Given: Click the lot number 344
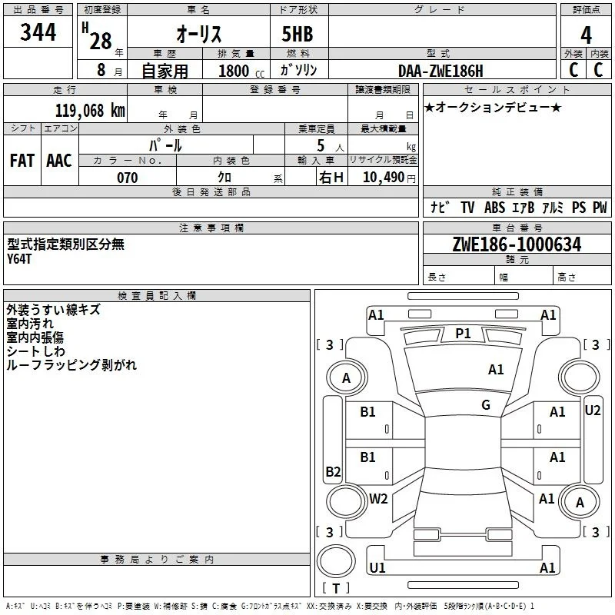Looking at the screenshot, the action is click(x=38, y=32).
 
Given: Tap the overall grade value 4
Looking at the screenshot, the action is click(x=586, y=35).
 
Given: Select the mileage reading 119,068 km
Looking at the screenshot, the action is click(x=90, y=111).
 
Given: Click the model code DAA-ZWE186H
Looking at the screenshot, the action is click(x=440, y=71).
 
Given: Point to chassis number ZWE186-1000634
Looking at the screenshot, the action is click(x=517, y=244).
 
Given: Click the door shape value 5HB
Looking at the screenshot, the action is click(x=298, y=34).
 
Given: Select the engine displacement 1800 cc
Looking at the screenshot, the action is click(x=241, y=71).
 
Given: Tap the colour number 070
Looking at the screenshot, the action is click(x=128, y=178).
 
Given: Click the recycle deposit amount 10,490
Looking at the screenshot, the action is click(x=384, y=178).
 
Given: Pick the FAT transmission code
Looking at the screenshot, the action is click(x=22, y=161).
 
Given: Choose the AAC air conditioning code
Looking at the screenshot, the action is click(x=59, y=161).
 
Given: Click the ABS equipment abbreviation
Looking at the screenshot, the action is click(x=494, y=208).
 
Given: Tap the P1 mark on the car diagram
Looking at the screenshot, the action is click(x=463, y=334).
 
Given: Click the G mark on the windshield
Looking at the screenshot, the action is click(x=486, y=405).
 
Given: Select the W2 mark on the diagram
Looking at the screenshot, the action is click(x=378, y=498).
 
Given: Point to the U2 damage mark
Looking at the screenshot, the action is click(x=592, y=411).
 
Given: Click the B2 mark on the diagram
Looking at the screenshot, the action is click(x=333, y=471).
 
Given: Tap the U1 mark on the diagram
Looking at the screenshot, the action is click(x=377, y=567).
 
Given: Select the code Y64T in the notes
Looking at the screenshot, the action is click(x=18, y=259).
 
